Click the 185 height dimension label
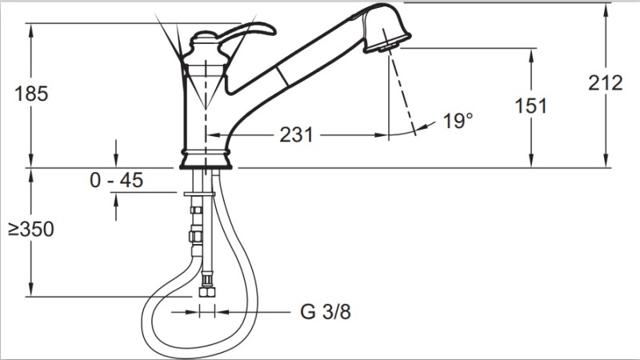point(31,94)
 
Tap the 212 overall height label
point(606,83)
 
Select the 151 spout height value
point(530,106)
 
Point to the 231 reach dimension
point(296,134)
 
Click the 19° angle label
point(458,121)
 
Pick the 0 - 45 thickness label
point(117,180)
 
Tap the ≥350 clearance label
point(31,230)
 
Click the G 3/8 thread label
point(326,312)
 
